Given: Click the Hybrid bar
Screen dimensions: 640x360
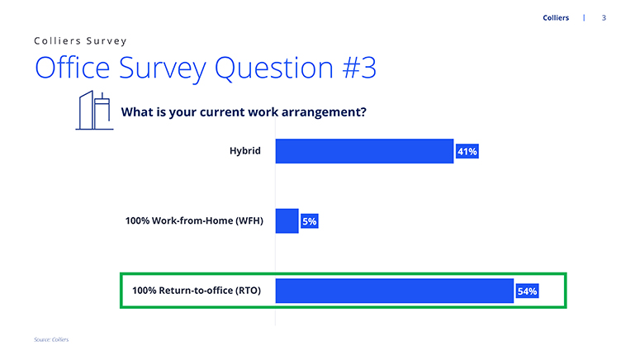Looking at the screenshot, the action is [x=364, y=151].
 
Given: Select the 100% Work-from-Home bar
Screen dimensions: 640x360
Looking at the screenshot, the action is [x=287, y=220].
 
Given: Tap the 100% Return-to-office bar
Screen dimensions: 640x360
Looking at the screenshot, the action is [x=394, y=291].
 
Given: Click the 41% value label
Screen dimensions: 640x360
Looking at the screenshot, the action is [x=467, y=151].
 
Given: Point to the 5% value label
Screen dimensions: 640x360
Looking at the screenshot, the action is [x=310, y=221].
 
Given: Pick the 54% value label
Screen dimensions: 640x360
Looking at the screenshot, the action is [x=528, y=291].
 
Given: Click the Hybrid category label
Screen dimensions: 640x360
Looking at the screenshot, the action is [x=245, y=151].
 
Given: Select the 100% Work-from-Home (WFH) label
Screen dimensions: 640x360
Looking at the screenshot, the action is [x=194, y=220].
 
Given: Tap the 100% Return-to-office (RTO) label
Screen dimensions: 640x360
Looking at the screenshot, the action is [x=197, y=291].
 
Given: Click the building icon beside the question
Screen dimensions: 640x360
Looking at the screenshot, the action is [x=94, y=110].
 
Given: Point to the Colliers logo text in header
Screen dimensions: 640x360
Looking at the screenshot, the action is [x=556, y=17].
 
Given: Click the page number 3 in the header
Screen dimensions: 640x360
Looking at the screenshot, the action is [x=604, y=17].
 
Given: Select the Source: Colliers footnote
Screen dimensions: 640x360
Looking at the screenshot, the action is [x=51, y=339].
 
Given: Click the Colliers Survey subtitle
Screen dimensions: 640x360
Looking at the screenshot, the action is [x=80, y=40].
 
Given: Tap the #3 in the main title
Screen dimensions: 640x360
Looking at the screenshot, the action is [x=359, y=68].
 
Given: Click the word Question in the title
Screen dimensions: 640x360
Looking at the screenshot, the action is [x=274, y=68].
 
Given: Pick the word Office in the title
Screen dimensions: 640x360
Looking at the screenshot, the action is [x=73, y=67].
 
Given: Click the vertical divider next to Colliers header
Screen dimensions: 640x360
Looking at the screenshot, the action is [x=584, y=17].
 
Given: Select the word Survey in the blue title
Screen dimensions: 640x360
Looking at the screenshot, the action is [x=163, y=69].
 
